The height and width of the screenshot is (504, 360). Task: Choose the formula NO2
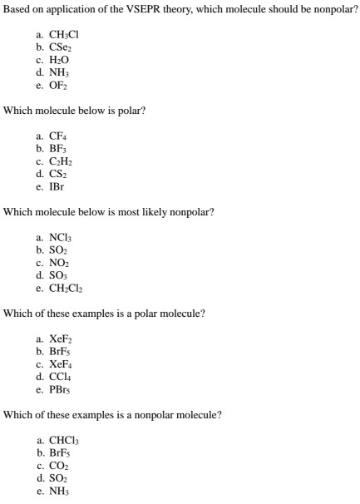pos(64,263)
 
